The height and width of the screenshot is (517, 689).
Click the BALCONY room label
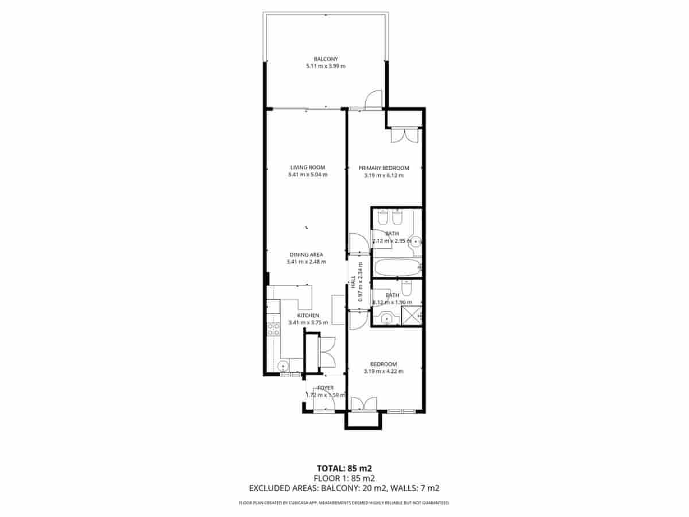[x=326, y=59]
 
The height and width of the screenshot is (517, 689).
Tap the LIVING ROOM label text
[x=308, y=168]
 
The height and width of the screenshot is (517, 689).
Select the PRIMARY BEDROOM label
[x=384, y=168]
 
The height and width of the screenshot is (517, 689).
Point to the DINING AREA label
[x=306, y=254]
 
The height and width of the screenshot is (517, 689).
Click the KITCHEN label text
[x=308, y=315]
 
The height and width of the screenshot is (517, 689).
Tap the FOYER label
[x=325, y=388]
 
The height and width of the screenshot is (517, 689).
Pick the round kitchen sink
[x=282, y=366]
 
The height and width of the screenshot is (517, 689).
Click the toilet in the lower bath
[x=407, y=288]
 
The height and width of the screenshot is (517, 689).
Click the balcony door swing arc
[x=373, y=99]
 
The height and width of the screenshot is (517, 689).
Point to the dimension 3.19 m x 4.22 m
[x=384, y=371]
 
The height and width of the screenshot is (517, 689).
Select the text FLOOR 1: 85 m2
[x=344, y=478]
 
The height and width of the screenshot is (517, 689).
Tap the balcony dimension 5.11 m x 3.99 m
[x=326, y=66]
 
